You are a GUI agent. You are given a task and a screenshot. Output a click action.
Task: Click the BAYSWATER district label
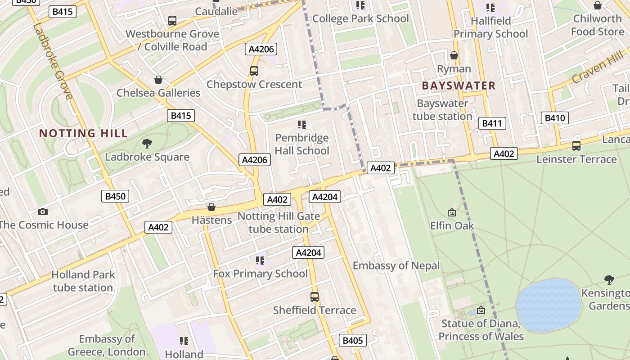pos(459,85)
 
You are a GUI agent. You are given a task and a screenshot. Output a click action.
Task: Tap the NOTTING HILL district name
pos(83,133)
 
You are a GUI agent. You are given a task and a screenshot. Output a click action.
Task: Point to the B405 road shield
pos(352,340)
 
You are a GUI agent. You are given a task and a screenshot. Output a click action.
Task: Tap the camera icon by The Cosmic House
pos(43,211)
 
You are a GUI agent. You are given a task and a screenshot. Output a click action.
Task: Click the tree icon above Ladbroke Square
pos(147,144)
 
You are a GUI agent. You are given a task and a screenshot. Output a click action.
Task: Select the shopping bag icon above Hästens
pos(211,207)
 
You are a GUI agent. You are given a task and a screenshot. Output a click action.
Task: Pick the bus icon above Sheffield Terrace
pos(315,297)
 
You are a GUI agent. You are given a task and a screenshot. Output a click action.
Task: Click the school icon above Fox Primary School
pos(260,261)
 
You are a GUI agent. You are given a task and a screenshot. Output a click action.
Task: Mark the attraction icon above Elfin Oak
pos(452,212)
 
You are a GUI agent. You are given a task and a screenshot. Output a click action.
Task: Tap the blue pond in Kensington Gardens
pos(549,305)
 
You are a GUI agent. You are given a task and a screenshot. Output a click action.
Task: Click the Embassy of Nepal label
pos(396,265)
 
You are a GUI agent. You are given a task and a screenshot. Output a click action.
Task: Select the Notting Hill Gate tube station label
pos(279,222)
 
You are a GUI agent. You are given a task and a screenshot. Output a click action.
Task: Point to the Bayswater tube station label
pos(442,110)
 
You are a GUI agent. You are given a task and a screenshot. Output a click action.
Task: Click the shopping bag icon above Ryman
pos(454,55)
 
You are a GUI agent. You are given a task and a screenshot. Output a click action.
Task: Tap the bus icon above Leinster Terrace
pos(576,146)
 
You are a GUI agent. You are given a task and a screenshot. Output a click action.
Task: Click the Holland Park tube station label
pos(83,281)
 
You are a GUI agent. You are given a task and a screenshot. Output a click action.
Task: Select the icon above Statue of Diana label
pos(481,310)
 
